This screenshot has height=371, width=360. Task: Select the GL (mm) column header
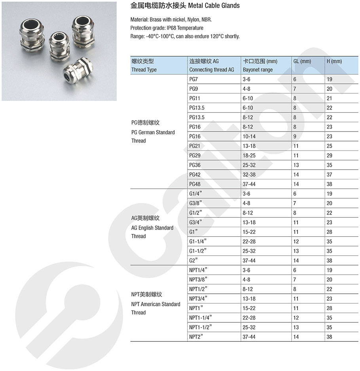[x=302, y=61]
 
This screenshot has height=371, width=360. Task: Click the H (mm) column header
[x=334, y=61]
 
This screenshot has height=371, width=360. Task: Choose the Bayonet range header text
[x=258, y=70]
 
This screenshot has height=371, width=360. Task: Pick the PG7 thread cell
[x=194, y=79]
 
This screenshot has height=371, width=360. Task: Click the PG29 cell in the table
[x=195, y=156]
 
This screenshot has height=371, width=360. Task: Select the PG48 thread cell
[x=195, y=184]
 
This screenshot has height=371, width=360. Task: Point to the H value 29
[x=330, y=156]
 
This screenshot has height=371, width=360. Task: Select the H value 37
[x=330, y=175]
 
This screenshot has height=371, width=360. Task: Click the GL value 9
[x=295, y=137]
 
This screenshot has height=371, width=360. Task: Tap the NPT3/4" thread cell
[x=198, y=299]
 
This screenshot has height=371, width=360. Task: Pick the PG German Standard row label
[x=153, y=132]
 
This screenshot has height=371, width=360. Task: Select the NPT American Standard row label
[x=155, y=304]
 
